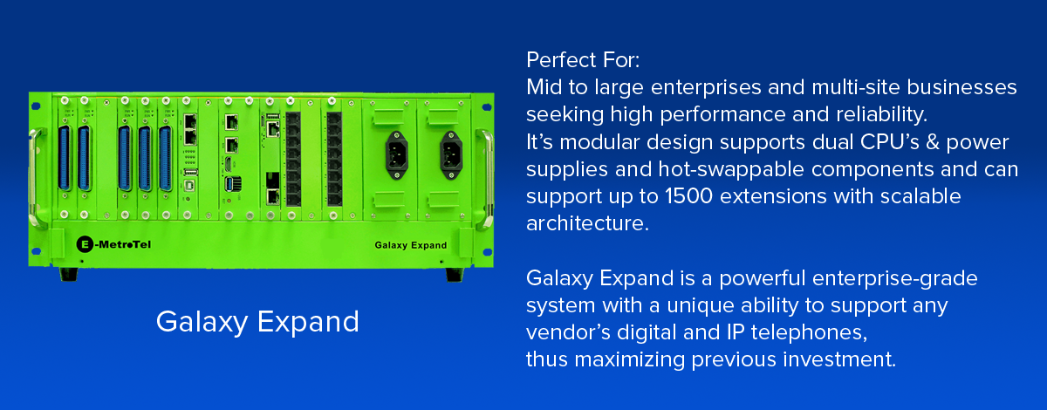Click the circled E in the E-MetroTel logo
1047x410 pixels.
click(85, 244)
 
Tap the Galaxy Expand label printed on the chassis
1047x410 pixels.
click(410, 245)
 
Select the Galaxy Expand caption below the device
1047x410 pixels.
click(257, 322)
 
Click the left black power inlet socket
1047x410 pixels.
click(397, 155)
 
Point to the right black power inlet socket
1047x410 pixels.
click(451, 155)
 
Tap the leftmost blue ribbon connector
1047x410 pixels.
click(65, 159)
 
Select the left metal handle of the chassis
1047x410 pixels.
click(34, 178)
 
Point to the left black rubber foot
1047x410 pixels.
click(68, 274)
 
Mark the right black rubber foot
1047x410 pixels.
click(455, 275)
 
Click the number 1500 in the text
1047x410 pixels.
click(688, 196)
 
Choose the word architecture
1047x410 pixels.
click(587, 223)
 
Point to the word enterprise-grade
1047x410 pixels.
click(894, 279)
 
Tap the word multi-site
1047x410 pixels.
click(856, 87)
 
